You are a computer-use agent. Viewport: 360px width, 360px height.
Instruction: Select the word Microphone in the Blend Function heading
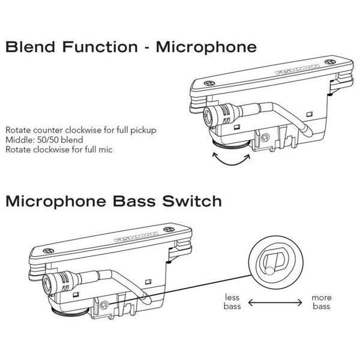coord(206,47)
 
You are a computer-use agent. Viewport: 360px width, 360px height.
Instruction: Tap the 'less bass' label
coord(232,302)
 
